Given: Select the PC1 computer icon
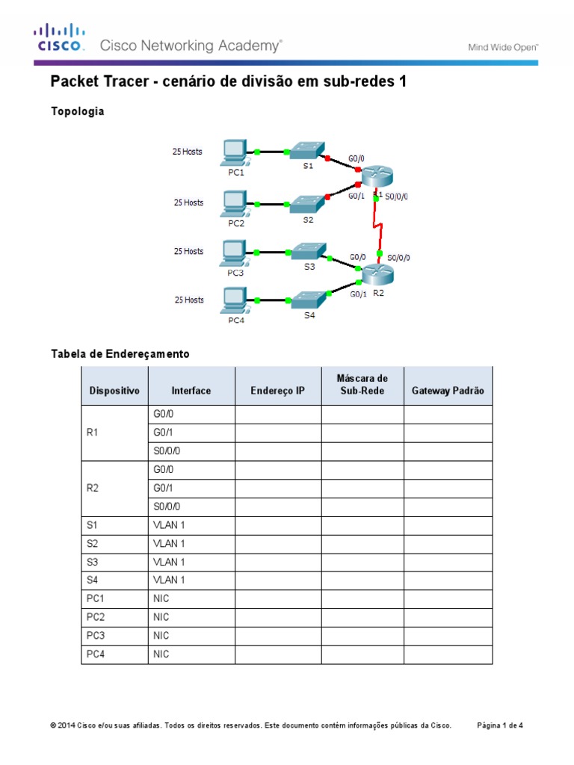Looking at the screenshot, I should point(235,152).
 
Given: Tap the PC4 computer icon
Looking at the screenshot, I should point(235,301).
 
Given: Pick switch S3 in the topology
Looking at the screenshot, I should point(307,251).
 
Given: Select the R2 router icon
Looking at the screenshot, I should point(375,274).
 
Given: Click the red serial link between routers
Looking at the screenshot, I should point(380,226).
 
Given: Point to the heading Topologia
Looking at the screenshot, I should point(77,111).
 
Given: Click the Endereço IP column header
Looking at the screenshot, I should point(278,390).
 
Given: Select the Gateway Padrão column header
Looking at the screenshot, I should point(448,390).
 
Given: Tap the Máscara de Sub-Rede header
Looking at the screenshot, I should point(362,384).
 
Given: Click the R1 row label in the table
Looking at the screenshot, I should point(93,433).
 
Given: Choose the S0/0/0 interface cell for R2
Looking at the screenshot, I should point(167,506).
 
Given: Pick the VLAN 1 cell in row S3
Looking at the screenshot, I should point(169,561).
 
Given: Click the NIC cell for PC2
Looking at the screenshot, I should point(161,617).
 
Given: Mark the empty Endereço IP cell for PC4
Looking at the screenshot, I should point(278,654).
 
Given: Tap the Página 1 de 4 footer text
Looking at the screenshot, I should point(500,725).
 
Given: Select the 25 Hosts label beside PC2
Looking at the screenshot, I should point(188,202).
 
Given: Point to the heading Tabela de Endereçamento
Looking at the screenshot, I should point(120,353).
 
